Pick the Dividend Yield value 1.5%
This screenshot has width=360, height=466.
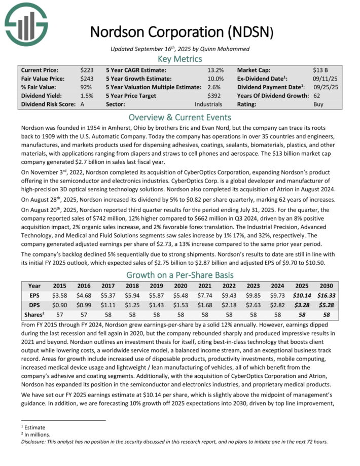[87, 95]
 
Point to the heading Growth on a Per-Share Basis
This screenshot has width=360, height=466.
[180, 275]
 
